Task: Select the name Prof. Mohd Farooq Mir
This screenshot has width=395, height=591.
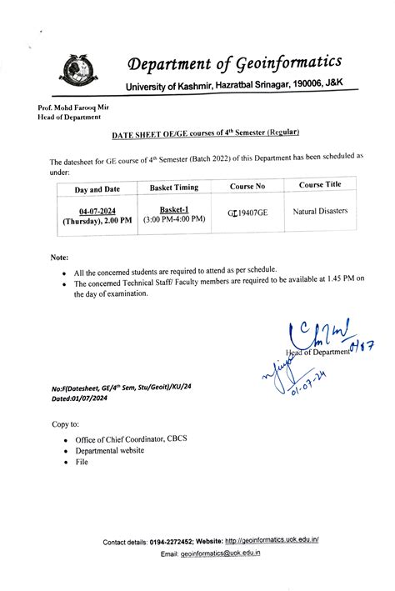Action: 73,108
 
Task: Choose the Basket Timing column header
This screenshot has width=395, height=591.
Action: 173,188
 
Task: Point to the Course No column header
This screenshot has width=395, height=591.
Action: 247,187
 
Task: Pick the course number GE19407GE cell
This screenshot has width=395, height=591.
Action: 247,213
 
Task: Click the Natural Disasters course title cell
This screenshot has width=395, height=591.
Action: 320,212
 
